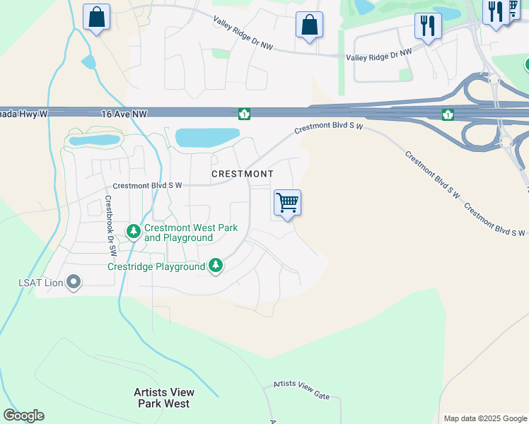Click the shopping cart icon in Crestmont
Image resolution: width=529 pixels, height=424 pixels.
(x=287, y=203)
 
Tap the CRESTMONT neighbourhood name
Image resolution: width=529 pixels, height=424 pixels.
(x=242, y=173)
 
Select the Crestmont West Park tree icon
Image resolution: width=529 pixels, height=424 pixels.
(x=134, y=231)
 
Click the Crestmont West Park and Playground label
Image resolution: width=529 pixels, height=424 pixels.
(x=190, y=232)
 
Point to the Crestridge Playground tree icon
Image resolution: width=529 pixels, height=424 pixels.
(x=216, y=266)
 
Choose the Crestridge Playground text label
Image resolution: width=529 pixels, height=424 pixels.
(x=156, y=266)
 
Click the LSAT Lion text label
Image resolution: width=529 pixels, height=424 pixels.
(x=40, y=283)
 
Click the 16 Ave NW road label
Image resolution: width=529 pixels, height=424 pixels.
(x=124, y=113)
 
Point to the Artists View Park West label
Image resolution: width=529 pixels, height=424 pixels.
(x=164, y=398)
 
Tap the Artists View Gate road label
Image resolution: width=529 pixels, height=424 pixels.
(x=302, y=390)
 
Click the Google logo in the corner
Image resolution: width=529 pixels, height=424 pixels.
(x=23, y=416)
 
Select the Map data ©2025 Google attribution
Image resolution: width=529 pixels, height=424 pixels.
(x=485, y=418)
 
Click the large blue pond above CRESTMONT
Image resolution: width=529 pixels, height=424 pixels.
(x=207, y=137)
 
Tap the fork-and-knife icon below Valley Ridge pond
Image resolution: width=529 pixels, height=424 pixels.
(x=427, y=26)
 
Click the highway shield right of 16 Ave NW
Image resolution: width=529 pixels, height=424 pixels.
(x=244, y=114)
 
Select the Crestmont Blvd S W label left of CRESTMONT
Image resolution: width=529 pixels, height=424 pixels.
(x=148, y=185)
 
